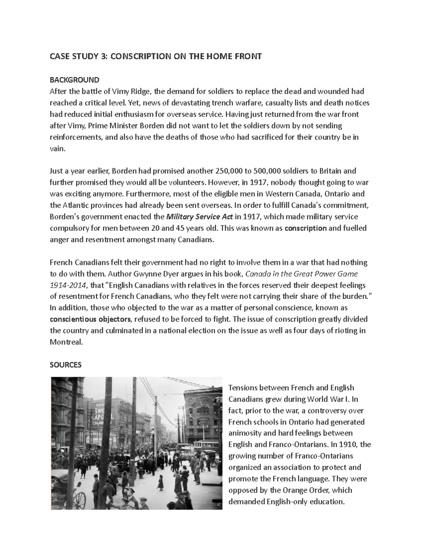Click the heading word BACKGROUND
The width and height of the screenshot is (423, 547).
74,80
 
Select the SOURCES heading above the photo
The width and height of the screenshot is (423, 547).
66,365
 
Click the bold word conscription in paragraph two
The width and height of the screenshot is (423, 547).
305,228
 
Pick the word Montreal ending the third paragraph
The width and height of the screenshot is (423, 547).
66,342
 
